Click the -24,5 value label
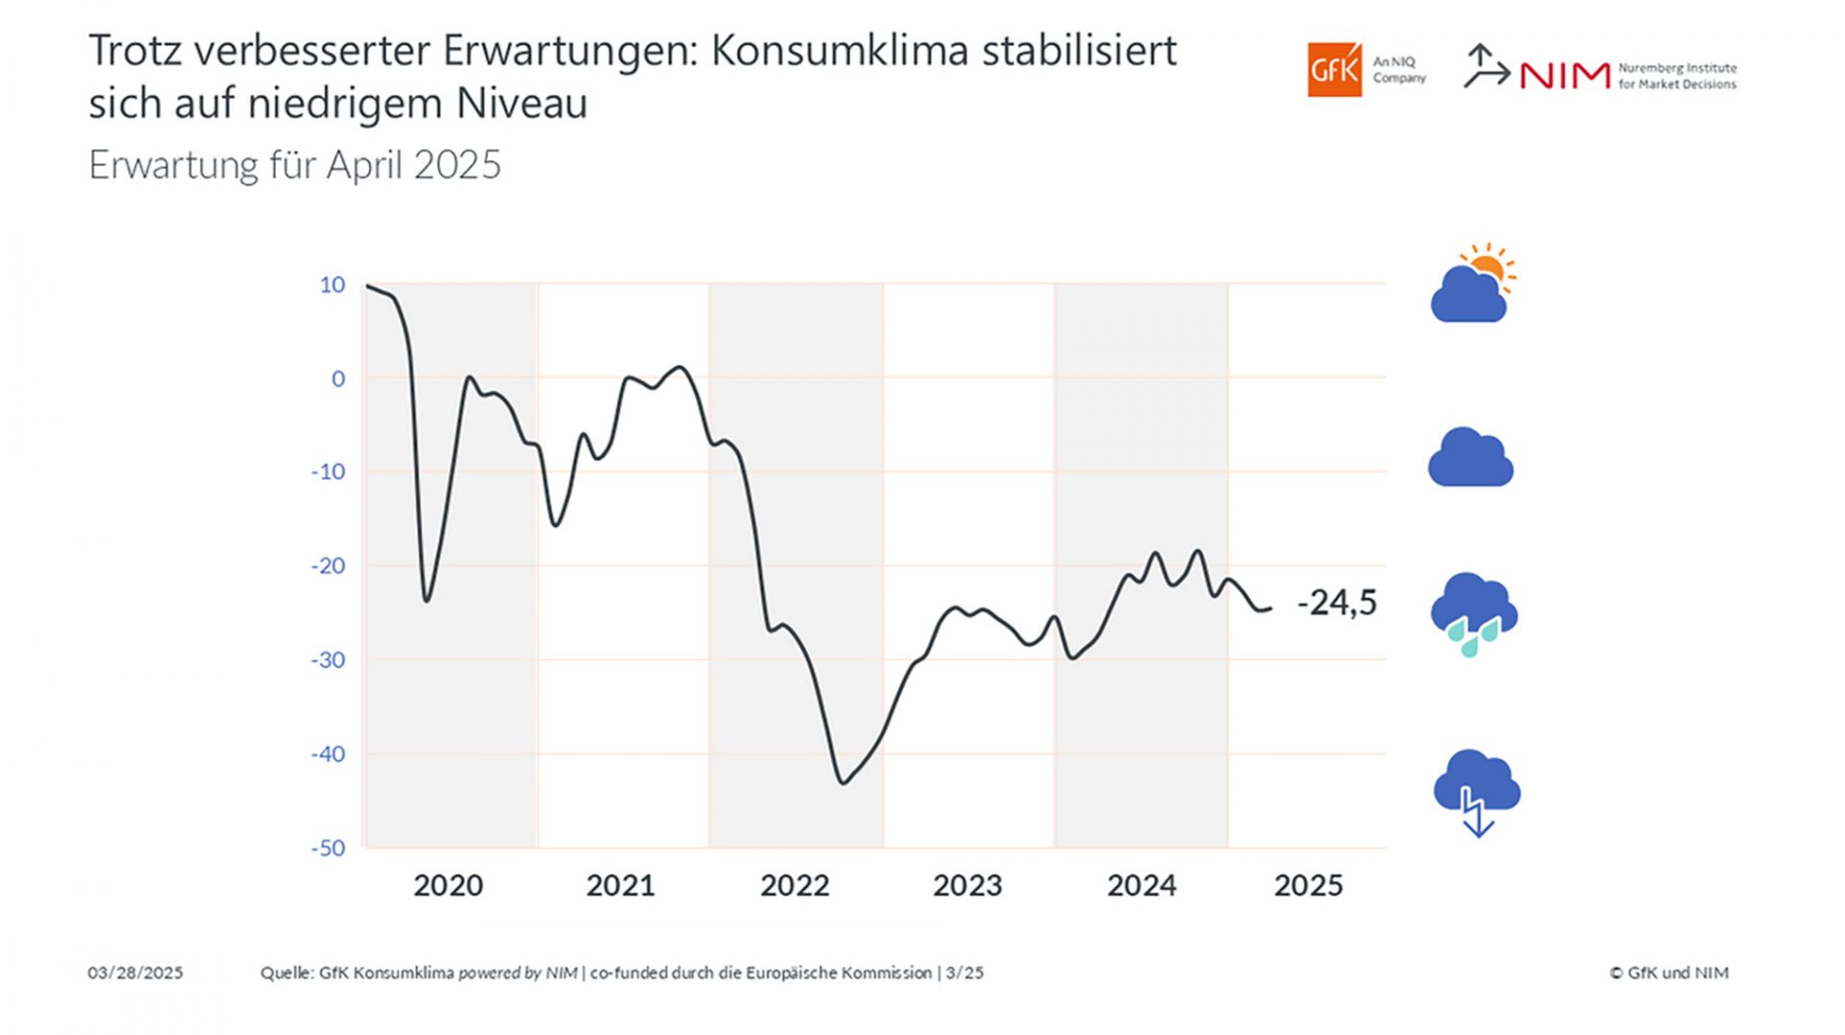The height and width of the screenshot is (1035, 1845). click(x=1337, y=603)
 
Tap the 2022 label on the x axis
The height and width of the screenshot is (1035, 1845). click(x=795, y=885)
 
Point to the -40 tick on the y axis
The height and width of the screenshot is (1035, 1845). click(x=328, y=754)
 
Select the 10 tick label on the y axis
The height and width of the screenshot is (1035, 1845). click(x=332, y=284)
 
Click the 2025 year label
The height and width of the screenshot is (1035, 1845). click(x=1308, y=885)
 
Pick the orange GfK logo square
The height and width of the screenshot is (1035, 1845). click(x=1334, y=69)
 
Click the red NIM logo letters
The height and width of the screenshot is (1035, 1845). click(x=1564, y=76)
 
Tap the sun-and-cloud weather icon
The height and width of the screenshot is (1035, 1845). click(x=1472, y=283)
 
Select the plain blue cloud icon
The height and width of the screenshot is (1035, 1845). click(x=1470, y=457)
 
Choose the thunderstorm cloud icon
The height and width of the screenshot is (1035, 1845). click(x=1476, y=790)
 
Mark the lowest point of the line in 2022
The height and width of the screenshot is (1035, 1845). click(x=843, y=783)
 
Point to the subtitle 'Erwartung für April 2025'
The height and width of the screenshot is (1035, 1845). click(x=295, y=165)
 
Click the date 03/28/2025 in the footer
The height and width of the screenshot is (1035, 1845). click(x=135, y=973)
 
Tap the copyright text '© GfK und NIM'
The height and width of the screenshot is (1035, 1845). click(x=1669, y=973)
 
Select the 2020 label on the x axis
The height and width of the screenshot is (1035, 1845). click(x=448, y=885)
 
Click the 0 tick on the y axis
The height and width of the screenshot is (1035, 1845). click(x=338, y=379)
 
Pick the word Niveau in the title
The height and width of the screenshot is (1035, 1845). click(x=522, y=104)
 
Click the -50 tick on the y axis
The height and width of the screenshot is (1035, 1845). click(x=328, y=848)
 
